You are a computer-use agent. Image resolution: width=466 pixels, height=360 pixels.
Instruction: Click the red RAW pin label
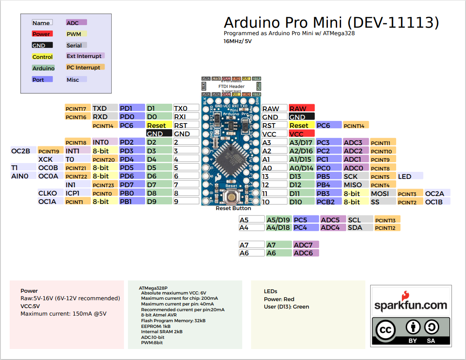click(x=302, y=109)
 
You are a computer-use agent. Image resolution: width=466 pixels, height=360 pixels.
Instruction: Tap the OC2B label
click(x=21, y=151)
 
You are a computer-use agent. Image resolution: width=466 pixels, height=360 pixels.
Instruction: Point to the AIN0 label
click(x=20, y=176)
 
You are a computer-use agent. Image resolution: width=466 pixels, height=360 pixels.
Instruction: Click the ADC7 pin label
click(x=306, y=245)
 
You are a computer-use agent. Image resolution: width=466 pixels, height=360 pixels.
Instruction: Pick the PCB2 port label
click(x=328, y=202)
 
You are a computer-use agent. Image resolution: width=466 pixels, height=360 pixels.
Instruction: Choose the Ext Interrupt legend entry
click(x=84, y=56)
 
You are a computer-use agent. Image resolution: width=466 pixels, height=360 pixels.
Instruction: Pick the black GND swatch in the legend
click(x=42, y=45)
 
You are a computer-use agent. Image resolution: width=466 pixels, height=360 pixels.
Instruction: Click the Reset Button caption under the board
click(x=233, y=208)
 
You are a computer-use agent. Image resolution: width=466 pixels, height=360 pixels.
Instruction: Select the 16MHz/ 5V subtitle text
click(x=238, y=41)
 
